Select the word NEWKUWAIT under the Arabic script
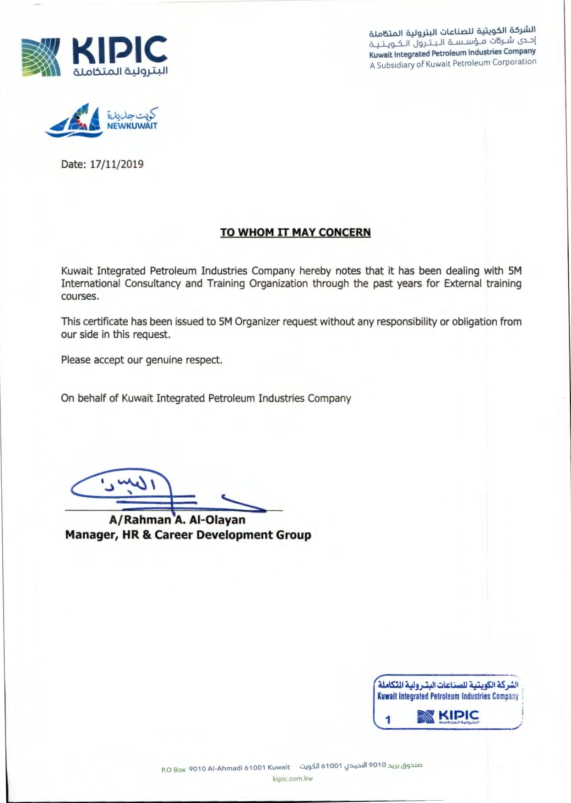tap(132, 126)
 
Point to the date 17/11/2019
tap(116, 164)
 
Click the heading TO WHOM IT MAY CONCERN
tap(295, 232)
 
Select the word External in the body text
tap(462, 283)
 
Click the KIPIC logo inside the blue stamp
tap(448, 716)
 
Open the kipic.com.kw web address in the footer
tap(293, 779)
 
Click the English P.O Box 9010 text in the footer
tap(225, 768)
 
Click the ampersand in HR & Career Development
tap(147, 535)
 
